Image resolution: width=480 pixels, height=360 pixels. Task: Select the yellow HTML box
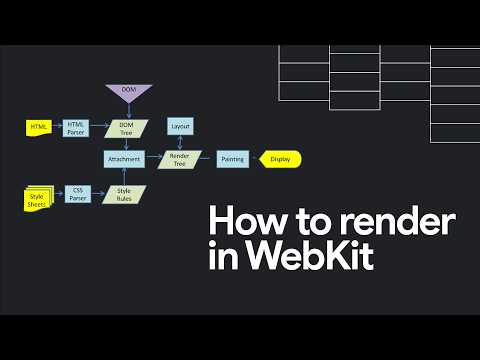40,127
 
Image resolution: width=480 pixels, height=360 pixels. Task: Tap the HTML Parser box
78,127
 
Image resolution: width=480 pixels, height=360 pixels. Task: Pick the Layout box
181,127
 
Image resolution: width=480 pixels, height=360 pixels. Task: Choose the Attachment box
124,159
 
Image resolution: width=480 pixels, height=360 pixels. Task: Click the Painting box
232,159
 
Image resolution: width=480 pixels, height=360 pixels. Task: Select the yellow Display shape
280,159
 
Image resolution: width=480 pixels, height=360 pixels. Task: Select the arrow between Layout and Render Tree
181,142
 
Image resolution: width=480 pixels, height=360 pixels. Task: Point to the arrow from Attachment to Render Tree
154,159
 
